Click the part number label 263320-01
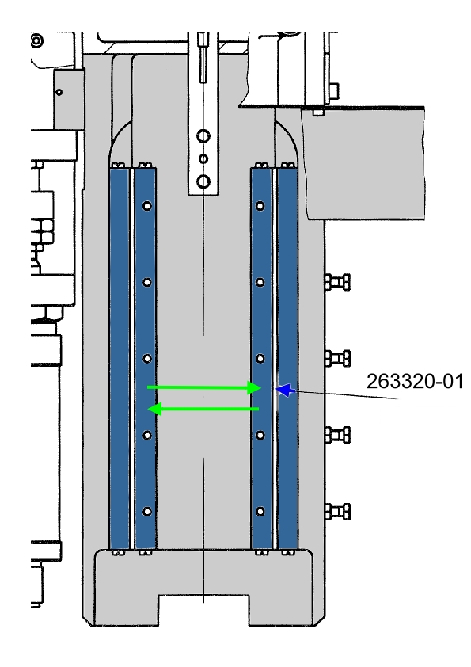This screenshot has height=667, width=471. point(415,381)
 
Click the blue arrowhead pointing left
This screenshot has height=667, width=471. point(286,390)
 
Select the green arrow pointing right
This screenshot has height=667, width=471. point(204,387)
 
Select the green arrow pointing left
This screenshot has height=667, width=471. point(203,410)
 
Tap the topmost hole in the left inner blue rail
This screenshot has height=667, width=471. point(147,206)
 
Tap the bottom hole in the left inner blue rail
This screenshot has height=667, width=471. point(147,511)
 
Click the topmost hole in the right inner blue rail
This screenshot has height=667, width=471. point(260,206)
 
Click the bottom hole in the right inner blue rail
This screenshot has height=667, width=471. point(260,511)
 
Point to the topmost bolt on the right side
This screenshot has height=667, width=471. point(337,282)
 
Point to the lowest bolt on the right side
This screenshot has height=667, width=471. point(337,511)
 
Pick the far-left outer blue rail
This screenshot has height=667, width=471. point(119,359)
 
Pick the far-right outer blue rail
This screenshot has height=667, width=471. point(287,359)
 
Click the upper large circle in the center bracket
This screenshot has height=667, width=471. point(203,136)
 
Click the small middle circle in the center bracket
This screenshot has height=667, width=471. point(203,159)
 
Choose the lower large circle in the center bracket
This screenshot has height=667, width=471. point(203,181)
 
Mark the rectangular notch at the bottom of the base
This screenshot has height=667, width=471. point(203,611)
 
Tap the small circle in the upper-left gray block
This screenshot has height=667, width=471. point(59,92)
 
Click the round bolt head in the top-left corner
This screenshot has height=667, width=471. point(36,41)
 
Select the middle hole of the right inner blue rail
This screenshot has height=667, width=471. point(260,359)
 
